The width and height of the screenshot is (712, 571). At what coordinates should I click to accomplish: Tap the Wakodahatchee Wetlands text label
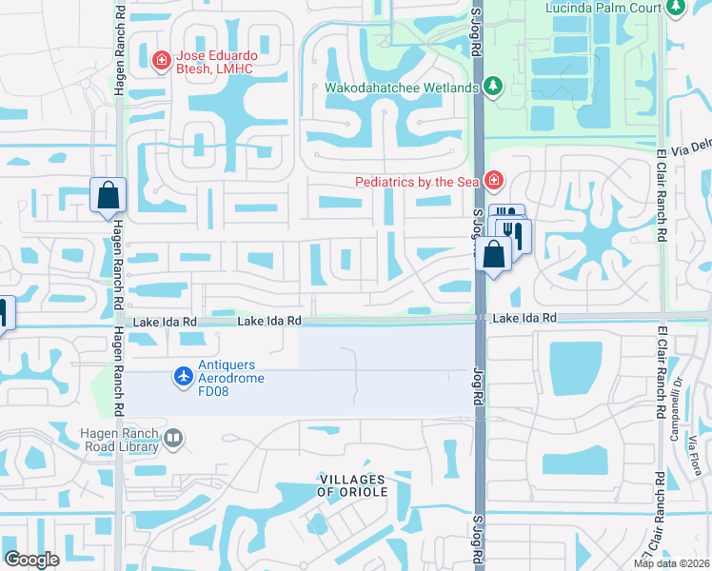pos(402,88)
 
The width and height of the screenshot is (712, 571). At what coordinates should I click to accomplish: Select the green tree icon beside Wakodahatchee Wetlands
pos(493,88)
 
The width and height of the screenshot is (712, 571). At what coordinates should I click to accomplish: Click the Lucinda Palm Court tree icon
pos(676,8)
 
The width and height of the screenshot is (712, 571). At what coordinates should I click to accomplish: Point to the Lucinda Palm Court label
pos(603,8)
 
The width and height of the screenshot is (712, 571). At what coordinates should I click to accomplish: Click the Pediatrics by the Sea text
pos(417,181)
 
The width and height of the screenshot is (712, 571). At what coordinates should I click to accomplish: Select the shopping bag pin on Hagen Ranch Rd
pos(108,195)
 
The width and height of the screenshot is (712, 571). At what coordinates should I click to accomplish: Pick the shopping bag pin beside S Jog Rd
pos(493,254)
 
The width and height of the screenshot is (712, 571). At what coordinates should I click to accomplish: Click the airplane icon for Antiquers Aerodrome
pos(184,378)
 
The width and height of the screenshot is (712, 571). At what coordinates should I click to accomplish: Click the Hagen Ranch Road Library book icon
pos(173,439)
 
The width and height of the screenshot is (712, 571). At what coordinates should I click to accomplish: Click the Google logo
pos(31,560)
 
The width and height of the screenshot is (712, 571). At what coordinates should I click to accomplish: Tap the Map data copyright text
pos(670,563)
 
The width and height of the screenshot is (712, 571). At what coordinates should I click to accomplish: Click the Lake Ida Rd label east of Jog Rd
pos(523,318)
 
